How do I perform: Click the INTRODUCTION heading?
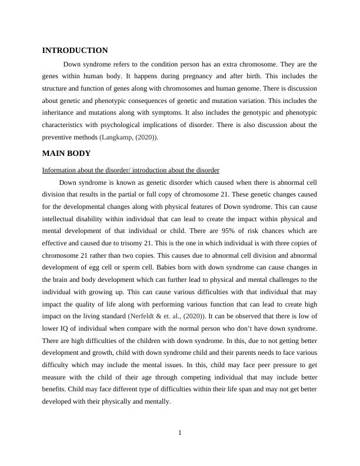(75, 51)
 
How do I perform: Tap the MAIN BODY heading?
(66, 154)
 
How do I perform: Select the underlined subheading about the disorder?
(131, 170)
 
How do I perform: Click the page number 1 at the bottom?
(180, 433)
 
